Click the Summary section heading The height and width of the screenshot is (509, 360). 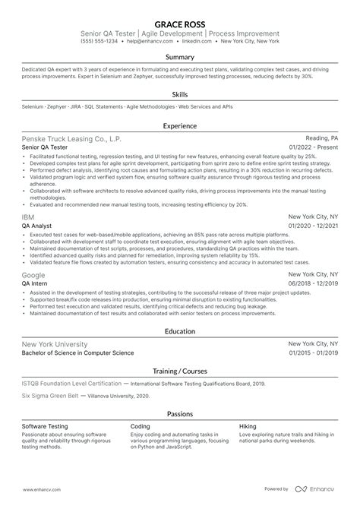179,57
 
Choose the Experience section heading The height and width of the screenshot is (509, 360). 179,126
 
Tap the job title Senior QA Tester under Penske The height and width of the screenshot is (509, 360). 49,149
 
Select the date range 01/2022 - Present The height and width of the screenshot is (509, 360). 313,149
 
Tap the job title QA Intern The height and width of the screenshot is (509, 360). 39,283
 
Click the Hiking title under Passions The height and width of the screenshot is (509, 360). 248,427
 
